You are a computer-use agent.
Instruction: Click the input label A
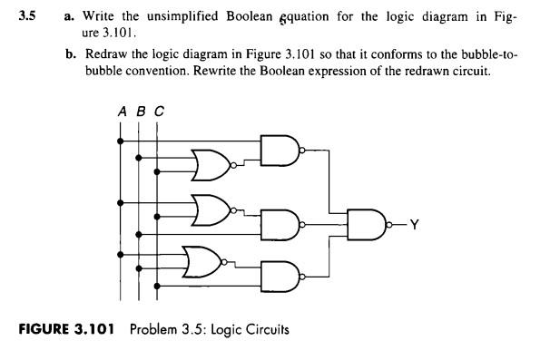pyautogui.click(x=121, y=111)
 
